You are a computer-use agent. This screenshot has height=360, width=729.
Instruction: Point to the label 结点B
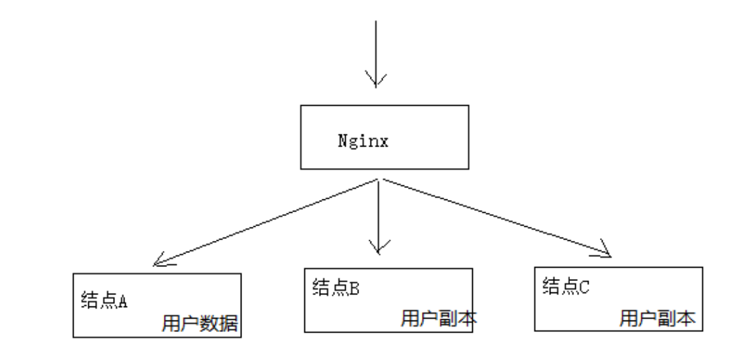tap(336, 289)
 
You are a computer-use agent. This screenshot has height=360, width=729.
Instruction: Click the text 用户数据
tap(201, 324)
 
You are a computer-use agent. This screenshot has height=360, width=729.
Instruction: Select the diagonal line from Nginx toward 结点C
tap(495, 216)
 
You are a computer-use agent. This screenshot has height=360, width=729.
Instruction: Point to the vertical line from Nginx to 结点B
tap(379, 214)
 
